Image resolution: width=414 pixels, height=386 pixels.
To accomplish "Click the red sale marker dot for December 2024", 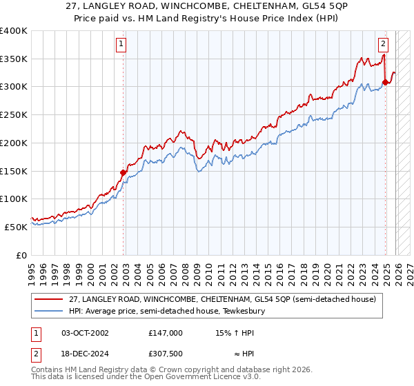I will (385, 83).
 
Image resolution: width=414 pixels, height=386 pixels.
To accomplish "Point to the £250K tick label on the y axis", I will (14, 115).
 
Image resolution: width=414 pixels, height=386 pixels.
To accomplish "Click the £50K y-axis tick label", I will (17, 227).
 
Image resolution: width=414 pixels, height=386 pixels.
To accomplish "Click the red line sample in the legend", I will (48, 300).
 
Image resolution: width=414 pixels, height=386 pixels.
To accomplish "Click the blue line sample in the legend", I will (48, 312).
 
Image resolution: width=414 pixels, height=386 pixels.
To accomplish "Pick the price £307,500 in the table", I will (166, 353).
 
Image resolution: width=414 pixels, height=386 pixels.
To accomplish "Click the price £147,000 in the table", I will (166, 332).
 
